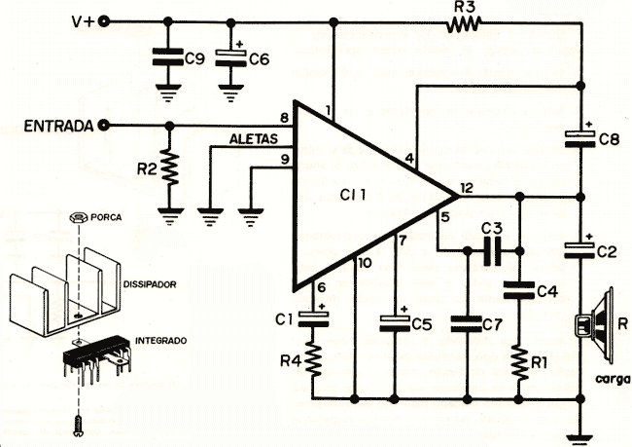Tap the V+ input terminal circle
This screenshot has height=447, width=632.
tap(104, 21)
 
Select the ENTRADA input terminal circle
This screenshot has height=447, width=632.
tap(104, 126)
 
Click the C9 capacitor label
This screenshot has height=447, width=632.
tap(194, 59)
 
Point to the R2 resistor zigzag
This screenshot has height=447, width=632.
tap(170, 168)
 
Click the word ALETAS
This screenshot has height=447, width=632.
tap(254, 139)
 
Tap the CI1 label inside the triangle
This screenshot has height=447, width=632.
tap(353, 196)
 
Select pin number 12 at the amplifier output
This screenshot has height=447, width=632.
tap(467, 188)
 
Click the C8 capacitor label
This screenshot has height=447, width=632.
tap(609, 139)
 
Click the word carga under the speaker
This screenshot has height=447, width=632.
tap(613, 379)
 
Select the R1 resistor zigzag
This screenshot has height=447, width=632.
tap(520, 362)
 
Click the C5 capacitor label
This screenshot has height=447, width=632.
tap(422, 324)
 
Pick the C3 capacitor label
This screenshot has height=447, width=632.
tap(491, 229)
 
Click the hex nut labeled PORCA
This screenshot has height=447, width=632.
tap(78, 217)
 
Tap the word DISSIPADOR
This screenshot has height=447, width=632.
tap(150, 284)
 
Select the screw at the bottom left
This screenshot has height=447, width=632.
tap(78, 426)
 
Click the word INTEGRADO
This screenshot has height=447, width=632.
tap(160, 341)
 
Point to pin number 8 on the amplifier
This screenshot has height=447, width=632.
tap(285, 118)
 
